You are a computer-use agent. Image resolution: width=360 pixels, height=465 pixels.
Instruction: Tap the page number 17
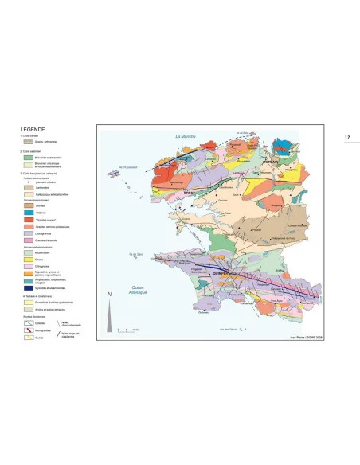click(347, 138)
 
